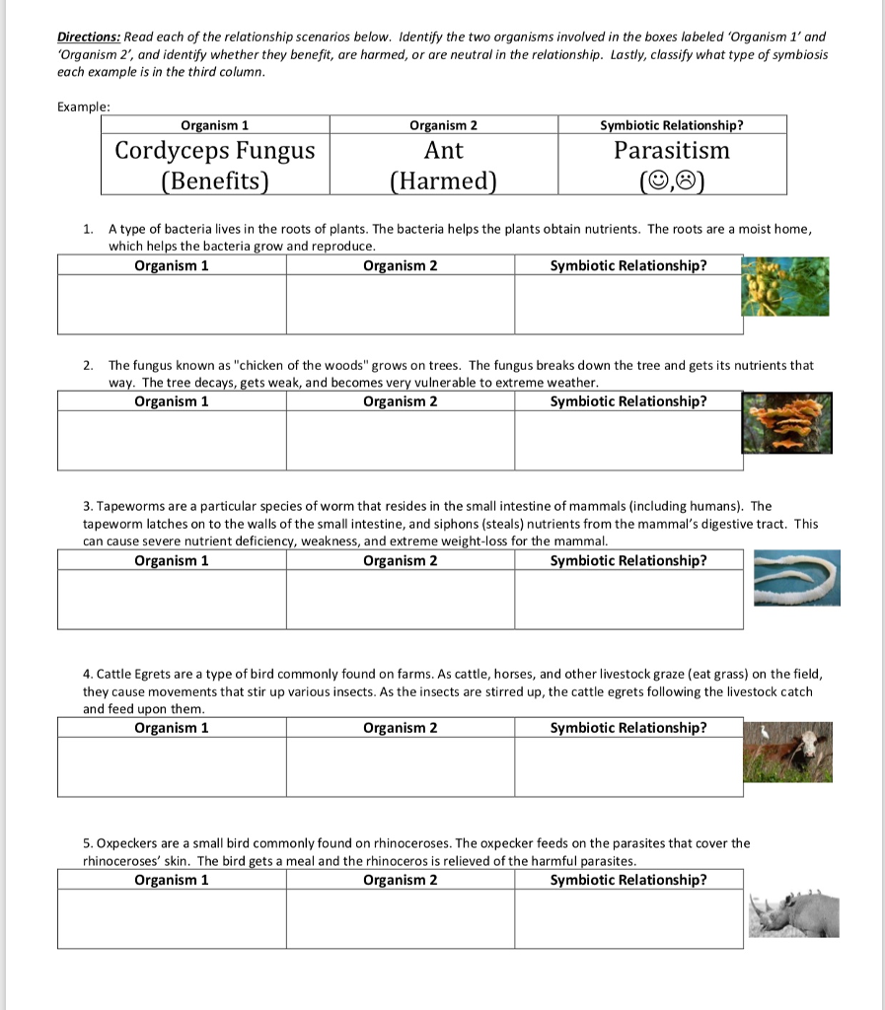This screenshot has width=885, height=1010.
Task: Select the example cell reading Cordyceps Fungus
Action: coord(215,151)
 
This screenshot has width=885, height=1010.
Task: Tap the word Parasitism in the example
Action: coord(672,151)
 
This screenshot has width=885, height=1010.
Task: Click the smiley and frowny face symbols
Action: coord(672,181)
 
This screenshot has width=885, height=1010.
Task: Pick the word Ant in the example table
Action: coord(443,151)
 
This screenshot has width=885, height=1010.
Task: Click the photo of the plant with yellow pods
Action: coord(785,287)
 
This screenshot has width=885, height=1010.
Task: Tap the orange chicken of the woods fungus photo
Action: coord(786,423)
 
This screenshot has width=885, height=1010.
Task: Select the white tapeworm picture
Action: coord(797,578)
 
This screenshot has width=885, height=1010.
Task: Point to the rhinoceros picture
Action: coord(793,912)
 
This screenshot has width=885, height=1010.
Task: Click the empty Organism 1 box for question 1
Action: coord(172,305)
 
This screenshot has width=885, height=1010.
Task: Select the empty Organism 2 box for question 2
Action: coord(400,441)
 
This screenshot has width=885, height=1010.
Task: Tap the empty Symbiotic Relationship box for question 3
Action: coord(627,600)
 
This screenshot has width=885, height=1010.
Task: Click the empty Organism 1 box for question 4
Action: coord(172,767)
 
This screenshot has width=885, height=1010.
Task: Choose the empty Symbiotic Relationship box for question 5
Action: coord(627,919)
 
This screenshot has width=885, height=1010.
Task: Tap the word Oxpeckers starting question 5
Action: coord(127,843)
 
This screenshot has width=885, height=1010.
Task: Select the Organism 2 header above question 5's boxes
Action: coord(400,880)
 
